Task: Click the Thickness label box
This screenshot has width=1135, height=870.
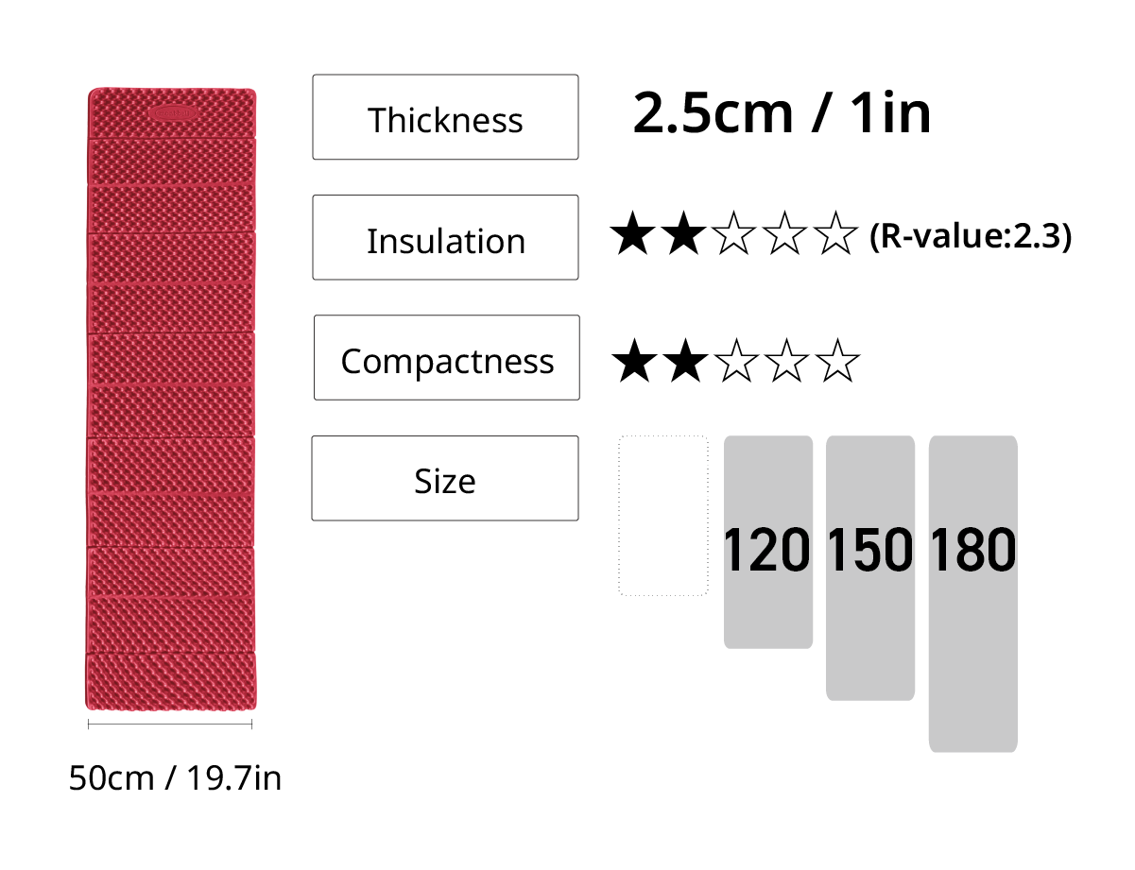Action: (445, 117)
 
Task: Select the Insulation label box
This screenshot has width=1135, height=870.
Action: (445, 237)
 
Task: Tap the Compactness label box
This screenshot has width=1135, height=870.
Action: (447, 357)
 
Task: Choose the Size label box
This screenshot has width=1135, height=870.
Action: (445, 478)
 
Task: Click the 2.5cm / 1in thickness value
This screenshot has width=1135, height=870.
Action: (782, 112)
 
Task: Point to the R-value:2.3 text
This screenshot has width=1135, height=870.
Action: (970, 236)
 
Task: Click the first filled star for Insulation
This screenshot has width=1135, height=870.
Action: (632, 233)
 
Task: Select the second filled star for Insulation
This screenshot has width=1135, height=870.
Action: (683, 233)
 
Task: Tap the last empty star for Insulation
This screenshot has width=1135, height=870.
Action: (835, 233)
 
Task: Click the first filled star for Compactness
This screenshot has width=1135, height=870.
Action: (634, 361)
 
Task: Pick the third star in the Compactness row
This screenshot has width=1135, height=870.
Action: (735, 361)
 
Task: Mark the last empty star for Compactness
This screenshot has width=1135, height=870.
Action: (836, 361)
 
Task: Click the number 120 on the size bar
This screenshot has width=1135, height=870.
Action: (766, 550)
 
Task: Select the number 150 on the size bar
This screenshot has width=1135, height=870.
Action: (870, 550)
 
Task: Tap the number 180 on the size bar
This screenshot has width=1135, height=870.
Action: (973, 550)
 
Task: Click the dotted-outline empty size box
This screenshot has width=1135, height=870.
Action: (619, 516)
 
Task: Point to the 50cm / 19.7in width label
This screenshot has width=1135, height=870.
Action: (175, 778)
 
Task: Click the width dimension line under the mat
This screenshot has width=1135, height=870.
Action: (170, 724)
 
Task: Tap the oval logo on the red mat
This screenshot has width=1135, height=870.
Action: (172, 112)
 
